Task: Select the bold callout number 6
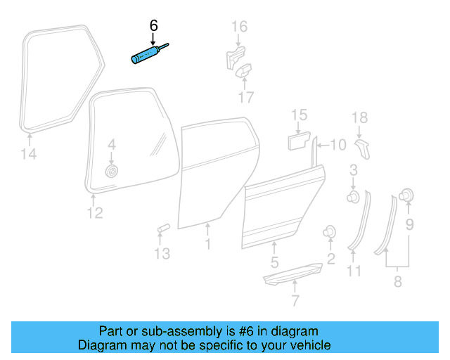point(154,26)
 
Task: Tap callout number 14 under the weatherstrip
point(27,154)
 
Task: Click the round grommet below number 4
point(111,172)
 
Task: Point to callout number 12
point(94,212)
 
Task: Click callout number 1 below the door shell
point(207,244)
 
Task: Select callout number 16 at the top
point(240,27)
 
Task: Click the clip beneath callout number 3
point(354,195)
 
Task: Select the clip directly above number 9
point(406,195)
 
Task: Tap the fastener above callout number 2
point(328,232)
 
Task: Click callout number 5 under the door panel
point(275,263)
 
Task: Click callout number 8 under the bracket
point(399,282)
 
